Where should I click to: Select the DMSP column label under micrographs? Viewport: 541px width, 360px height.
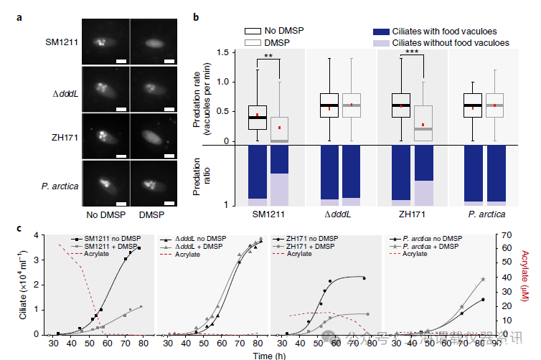[151, 214]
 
